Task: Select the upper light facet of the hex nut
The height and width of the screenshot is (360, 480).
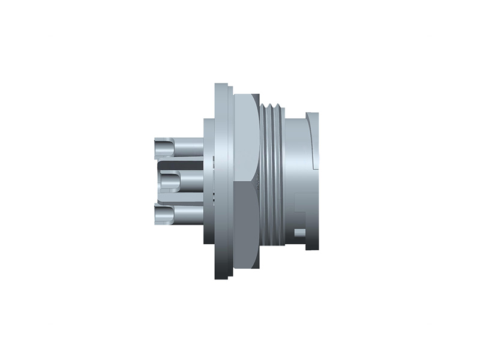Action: coord(246,138)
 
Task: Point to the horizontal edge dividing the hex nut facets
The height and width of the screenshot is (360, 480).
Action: coord(246,183)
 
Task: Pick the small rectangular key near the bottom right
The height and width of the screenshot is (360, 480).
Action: coord(298,232)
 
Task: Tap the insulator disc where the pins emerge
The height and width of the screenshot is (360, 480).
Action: coord(209,180)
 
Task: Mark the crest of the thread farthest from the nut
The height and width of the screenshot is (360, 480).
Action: coord(281,180)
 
